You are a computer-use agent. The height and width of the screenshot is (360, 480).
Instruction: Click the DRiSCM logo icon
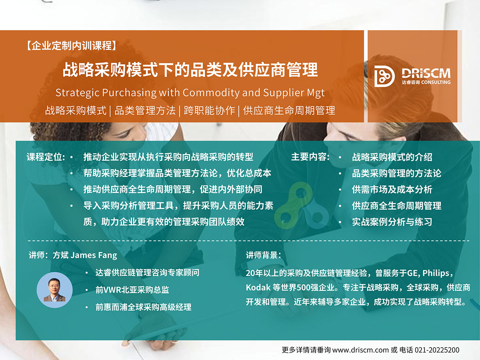[x=384, y=76]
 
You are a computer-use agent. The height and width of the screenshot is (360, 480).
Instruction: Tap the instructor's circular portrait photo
[x=54, y=290]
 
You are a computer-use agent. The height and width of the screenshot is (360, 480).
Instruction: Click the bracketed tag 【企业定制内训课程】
[x=71, y=46]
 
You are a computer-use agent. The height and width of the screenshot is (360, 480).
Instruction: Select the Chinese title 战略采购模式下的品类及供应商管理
[x=190, y=70]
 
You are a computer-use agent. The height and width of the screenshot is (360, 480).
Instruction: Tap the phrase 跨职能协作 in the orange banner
[x=209, y=110]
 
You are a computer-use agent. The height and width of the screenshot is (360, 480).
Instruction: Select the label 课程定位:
[x=46, y=157]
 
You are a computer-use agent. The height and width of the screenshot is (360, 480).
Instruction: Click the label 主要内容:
[x=310, y=157]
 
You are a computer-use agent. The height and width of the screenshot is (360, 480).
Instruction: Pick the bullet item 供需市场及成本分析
[x=392, y=189]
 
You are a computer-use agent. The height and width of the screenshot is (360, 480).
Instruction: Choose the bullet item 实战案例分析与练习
[x=392, y=222]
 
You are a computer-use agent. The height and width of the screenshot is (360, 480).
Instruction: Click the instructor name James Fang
[x=94, y=255]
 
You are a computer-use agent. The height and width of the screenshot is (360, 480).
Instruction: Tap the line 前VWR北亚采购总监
[x=132, y=290]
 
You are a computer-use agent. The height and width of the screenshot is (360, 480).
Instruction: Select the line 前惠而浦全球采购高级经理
[x=144, y=307]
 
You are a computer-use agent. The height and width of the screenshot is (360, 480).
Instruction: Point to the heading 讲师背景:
[x=263, y=255]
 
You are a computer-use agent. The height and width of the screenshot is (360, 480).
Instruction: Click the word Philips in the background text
[x=436, y=273]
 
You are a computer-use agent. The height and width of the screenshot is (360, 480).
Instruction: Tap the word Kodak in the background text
[x=258, y=288]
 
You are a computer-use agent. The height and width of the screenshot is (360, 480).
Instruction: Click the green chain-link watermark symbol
[x=301, y=206]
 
